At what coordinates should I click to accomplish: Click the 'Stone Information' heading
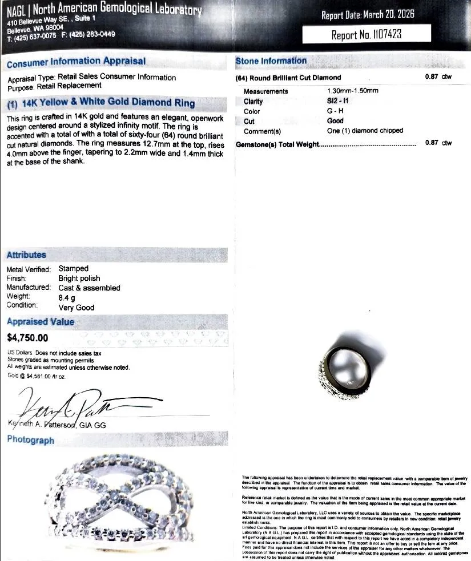[x=271, y=60]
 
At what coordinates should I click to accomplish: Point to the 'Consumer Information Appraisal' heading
[x=76, y=62]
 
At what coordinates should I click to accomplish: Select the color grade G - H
[x=335, y=111]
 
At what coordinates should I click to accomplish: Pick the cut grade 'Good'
[x=335, y=121]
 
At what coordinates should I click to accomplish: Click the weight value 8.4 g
[x=67, y=297]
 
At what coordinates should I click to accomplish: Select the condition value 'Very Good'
[x=77, y=307]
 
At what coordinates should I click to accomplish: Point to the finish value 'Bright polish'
[x=79, y=278]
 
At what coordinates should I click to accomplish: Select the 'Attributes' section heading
[x=26, y=255]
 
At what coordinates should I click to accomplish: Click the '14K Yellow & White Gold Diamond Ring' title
[x=102, y=103]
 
